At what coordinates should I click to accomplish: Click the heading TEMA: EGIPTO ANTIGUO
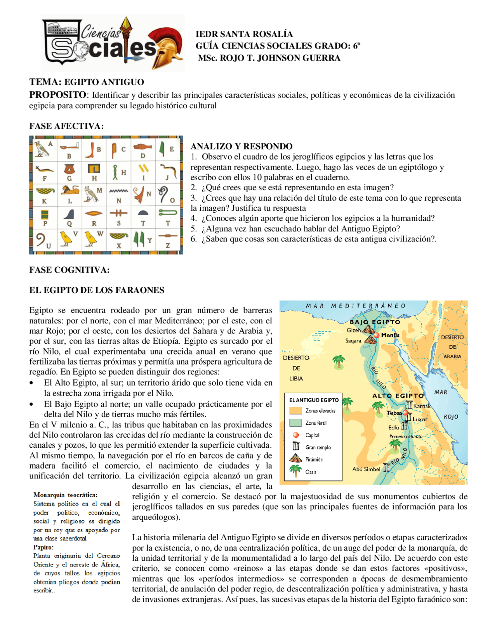87,82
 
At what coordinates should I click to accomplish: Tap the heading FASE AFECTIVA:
66,126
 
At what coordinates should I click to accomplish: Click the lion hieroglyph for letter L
70,190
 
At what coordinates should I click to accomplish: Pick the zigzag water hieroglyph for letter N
119,191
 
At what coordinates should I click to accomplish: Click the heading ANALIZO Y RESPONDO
242,146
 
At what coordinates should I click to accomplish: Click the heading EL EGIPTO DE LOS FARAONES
97,290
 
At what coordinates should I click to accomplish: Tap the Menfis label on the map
390,335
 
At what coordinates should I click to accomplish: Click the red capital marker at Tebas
405,413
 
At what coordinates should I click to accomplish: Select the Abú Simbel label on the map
366,469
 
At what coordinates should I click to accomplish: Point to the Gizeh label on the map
353,330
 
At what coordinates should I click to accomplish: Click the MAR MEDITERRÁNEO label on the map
355,306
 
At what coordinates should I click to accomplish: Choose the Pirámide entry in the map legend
314,459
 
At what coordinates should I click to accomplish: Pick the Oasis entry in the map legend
311,472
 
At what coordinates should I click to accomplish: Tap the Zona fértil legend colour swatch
295,422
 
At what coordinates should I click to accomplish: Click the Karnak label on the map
422,406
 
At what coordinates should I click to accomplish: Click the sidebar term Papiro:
43,547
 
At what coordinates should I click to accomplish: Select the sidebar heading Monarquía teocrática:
65,495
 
